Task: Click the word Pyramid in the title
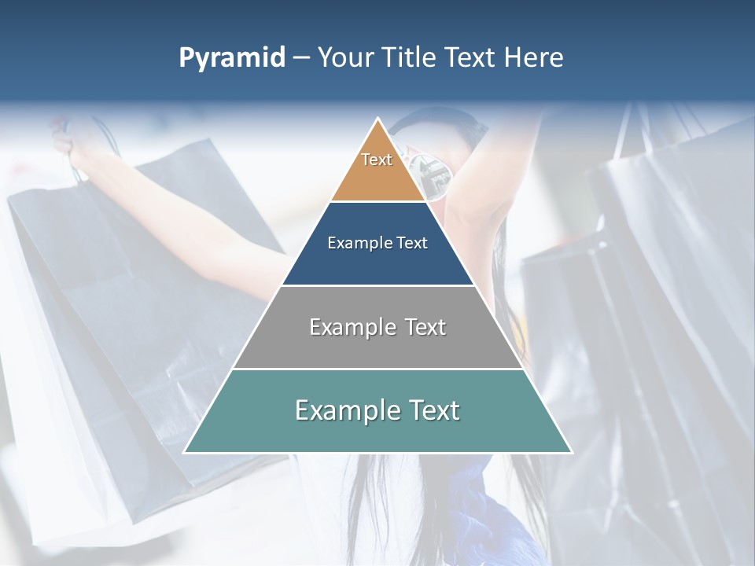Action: [231, 58]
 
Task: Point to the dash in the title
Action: [301, 58]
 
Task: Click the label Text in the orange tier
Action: [377, 160]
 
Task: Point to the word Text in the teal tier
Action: [431, 410]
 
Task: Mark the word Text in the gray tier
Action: [424, 327]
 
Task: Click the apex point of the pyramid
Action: [378, 119]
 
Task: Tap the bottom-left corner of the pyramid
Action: [184, 452]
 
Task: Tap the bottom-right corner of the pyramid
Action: [572, 452]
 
